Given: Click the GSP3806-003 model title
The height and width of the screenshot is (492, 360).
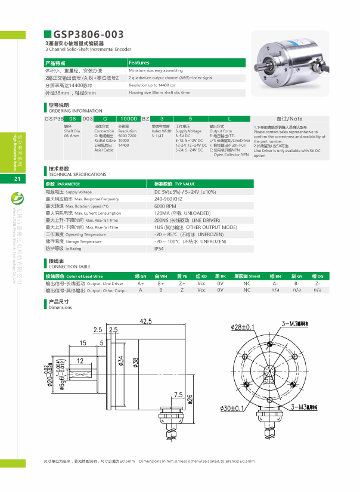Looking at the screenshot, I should [89, 35].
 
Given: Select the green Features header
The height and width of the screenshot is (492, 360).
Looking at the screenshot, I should [139, 63].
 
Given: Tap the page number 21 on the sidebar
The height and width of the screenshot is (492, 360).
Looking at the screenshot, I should [17, 179].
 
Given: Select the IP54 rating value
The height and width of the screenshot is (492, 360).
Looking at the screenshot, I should [159, 249].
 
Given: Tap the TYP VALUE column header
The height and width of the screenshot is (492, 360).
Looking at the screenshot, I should [175, 185].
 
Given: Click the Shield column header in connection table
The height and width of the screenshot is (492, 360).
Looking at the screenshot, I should [246, 277].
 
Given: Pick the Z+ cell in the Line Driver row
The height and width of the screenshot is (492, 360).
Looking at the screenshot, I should [182, 283].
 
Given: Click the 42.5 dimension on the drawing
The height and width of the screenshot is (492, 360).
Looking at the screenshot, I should [145, 321].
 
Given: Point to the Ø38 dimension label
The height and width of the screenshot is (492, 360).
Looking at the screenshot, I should [136, 362].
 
